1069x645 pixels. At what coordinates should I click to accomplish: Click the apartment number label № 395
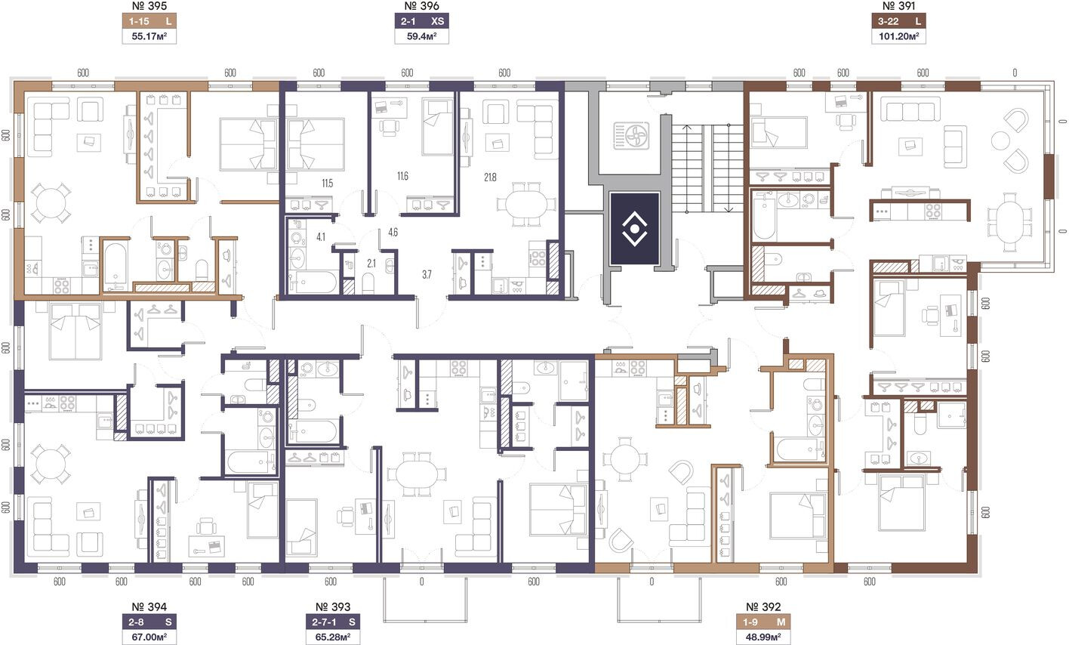149,6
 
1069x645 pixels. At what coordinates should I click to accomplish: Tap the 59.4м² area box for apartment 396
422,36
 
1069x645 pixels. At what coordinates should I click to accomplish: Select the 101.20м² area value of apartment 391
899,36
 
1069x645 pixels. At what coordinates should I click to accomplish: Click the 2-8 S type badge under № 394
149,622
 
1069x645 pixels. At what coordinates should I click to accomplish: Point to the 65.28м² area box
333,637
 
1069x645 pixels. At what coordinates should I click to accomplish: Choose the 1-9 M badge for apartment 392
763,622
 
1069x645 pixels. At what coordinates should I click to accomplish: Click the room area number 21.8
490,177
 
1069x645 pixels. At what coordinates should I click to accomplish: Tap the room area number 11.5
328,184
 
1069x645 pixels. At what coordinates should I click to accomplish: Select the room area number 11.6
402,176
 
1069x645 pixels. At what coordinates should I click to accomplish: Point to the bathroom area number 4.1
321,237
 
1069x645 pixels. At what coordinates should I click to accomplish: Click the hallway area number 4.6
393,233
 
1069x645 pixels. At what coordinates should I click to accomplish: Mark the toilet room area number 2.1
371,263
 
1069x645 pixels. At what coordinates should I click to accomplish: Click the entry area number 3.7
427,274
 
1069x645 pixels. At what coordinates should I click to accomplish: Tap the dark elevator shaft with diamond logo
635,228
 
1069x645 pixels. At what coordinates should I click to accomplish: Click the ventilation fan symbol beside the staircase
632,136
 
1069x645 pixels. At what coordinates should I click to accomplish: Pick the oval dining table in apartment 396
526,204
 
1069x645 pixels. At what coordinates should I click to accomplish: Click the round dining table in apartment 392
625,459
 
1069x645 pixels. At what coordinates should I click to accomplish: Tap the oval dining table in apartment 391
1009,223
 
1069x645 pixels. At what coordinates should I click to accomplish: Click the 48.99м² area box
763,637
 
